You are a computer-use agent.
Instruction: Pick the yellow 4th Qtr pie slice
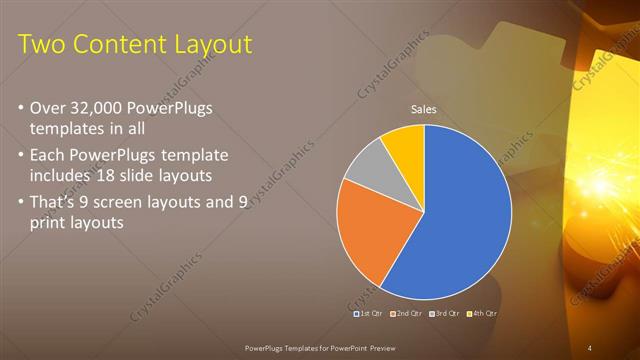[x=405, y=144]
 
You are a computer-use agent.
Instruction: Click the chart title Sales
[x=424, y=110]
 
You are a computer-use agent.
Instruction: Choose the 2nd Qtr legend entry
[x=406, y=313]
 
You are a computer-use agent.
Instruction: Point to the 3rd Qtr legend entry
[x=446, y=313]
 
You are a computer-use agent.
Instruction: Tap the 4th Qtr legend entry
[x=484, y=313]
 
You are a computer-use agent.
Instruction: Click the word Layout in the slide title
[x=208, y=45]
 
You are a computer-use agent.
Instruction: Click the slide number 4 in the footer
[x=589, y=347]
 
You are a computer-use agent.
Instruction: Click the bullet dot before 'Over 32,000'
[x=23, y=108]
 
